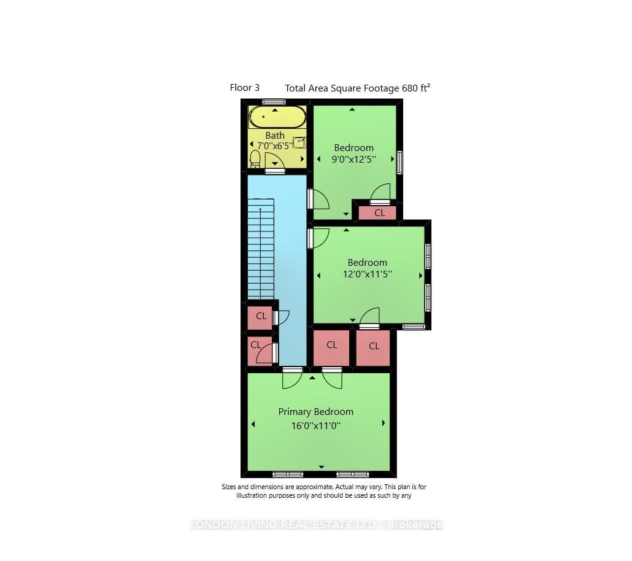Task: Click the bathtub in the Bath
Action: pyautogui.click(x=277, y=117)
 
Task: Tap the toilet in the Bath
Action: pyautogui.click(x=255, y=159)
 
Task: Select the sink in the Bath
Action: pyautogui.click(x=299, y=142)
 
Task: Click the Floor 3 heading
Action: pyautogui.click(x=245, y=88)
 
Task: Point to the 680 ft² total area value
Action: pyautogui.click(x=416, y=88)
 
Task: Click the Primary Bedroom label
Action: pyautogui.click(x=315, y=412)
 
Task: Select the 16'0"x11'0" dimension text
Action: pyautogui.click(x=316, y=425)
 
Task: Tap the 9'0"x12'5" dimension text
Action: pyautogui.click(x=354, y=160)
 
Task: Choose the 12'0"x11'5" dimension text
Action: pyautogui.click(x=367, y=274)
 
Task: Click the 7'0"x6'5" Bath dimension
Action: pyautogui.click(x=274, y=145)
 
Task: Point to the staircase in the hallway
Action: pyautogui.click(x=261, y=249)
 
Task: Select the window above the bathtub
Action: pyautogui.click(x=274, y=102)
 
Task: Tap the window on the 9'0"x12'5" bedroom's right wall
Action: pyautogui.click(x=400, y=162)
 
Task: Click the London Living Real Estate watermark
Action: pyautogui.click(x=317, y=525)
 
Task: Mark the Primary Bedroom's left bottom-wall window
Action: pyautogui.click(x=288, y=474)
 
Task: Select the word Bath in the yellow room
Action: pyautogui.click(x=275, y=136)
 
